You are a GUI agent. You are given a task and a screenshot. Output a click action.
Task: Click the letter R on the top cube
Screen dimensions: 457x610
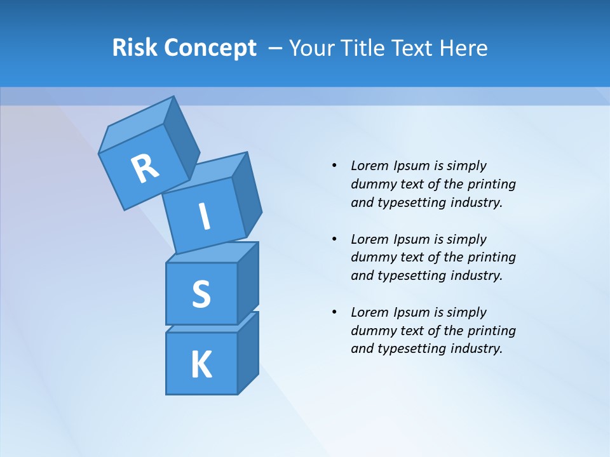tap(145, 168)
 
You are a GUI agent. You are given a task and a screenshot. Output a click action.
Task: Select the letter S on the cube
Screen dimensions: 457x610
tap(201, 295)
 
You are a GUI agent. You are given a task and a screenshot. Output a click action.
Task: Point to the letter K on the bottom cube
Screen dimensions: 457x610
tap(201, 365)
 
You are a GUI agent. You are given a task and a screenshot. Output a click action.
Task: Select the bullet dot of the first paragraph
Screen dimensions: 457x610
tap(334, 166)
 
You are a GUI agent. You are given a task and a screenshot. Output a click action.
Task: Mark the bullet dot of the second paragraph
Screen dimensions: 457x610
tap(334, 239)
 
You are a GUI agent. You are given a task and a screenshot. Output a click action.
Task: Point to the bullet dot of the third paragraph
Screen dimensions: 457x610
tap(334, 312)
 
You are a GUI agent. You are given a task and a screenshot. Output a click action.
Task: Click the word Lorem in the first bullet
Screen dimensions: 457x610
tap(369, 166)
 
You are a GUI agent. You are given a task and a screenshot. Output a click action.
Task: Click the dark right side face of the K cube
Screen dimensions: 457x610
tap(248, 353)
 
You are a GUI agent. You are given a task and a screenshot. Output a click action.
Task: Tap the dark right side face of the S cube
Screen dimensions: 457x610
tap(248, 283)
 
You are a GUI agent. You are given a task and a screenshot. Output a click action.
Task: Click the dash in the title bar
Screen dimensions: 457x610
tap(276, 48)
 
